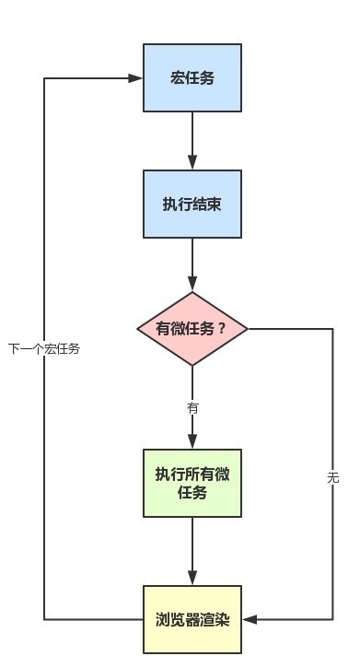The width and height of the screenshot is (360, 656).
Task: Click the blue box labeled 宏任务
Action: [x=192, y=77]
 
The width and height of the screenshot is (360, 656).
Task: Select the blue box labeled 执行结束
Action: [x=192, y=204]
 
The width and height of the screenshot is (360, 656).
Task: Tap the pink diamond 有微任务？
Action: [x=192, y=328]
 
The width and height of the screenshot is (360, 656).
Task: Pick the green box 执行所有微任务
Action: [x=192, y=483]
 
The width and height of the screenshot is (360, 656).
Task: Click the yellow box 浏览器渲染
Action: [x=192, y=619]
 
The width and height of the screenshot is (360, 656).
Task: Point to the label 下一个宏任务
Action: [x=44, y=348]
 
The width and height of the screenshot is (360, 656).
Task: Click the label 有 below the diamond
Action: [x=192, y=406]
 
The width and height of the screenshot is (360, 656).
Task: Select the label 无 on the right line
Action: [x=332, y=477]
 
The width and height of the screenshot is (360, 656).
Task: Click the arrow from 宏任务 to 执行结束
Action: [x=192, y=140]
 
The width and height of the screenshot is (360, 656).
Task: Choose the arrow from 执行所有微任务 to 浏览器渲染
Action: [x=192, y=550]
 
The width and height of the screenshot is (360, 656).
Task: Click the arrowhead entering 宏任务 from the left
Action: [x=136, y=78]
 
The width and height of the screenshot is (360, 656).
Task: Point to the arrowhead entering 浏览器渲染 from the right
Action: [x=250, y=619]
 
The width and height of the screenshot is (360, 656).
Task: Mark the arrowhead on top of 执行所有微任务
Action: [x=192, y=442]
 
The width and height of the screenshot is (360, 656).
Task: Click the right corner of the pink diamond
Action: [x=248, y=328]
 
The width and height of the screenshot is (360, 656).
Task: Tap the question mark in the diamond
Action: [x=220, y=328]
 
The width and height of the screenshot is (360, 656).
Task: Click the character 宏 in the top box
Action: [x=177, y=77]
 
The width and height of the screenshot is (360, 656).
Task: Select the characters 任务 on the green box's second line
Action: [x=192, y=493]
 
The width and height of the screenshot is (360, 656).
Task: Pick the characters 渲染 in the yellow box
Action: [x=215, y=619]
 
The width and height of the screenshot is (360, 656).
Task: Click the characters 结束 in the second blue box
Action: [x=207, y=204]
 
